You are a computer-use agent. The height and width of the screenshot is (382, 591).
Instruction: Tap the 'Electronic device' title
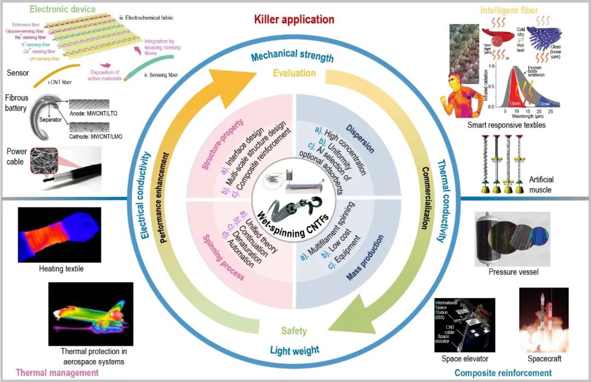tap(62, 9)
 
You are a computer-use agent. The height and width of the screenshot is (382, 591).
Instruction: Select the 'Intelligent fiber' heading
tap(508, 10)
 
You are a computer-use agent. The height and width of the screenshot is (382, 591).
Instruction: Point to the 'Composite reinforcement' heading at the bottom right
tap(503, 373)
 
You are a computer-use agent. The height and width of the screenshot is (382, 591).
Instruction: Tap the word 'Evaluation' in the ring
tap(294, 73)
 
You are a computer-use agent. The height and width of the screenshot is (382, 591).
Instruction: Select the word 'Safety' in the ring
tap(294, 331)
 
